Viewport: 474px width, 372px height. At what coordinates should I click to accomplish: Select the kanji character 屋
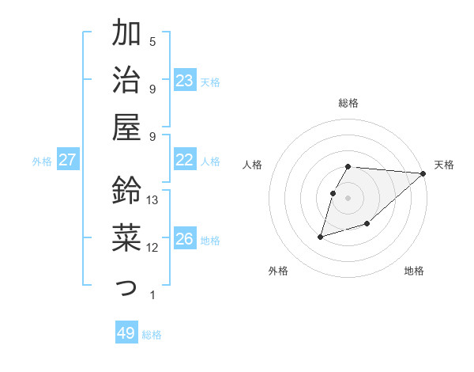tap(126, 127)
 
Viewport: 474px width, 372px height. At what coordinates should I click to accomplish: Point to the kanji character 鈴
tap(126, 191)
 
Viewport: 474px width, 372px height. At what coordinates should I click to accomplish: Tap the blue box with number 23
tap(185, 81)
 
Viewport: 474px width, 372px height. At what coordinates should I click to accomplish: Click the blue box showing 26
tap(185, 240)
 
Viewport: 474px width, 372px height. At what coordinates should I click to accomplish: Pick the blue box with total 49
tap(126, 333)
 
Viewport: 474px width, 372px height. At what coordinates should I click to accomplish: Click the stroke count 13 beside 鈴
tap(153, 200)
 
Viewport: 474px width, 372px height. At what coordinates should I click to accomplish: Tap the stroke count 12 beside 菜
tap(153, 248)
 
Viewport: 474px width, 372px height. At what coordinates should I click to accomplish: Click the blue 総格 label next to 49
tap(152, 335)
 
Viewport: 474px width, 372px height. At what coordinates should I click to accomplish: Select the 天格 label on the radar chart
tap(444, 165)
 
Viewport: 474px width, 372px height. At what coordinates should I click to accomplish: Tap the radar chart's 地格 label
tap(414, 271)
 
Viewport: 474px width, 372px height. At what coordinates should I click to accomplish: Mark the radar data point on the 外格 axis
tap(321, 236)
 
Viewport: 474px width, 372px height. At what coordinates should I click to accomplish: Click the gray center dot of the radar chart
tap(348, 198)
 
